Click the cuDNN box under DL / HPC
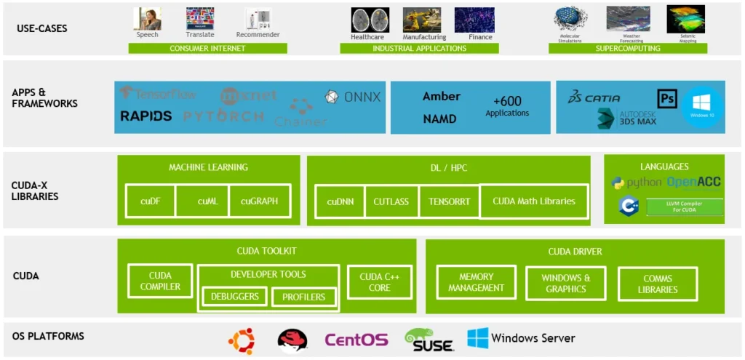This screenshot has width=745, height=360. [340, 201]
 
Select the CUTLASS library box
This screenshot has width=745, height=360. [391, 201]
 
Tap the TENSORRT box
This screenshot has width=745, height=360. [449, 201]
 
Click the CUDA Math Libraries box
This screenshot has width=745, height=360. [533, 201]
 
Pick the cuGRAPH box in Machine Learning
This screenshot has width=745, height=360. [259, 201]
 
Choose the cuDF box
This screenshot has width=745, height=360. [151, 201]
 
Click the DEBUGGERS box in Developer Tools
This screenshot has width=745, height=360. [235, 297]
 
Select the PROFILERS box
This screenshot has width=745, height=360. [303, 297]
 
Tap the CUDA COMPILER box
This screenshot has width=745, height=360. [160, 281]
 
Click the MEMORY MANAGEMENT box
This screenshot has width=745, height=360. [476, 282]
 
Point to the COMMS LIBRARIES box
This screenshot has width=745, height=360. [657, 284]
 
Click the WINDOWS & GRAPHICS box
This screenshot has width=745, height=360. [565, 283]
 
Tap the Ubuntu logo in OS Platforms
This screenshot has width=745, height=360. [242, 340]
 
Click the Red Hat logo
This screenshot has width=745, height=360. [292, 340]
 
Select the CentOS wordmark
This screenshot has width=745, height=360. [356, 340]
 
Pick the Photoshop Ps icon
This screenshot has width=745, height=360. [666, 98]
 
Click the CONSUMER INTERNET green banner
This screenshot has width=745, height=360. [207, 49]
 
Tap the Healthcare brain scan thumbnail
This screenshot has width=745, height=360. [367, 20]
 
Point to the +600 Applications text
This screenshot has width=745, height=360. [507, 106]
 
